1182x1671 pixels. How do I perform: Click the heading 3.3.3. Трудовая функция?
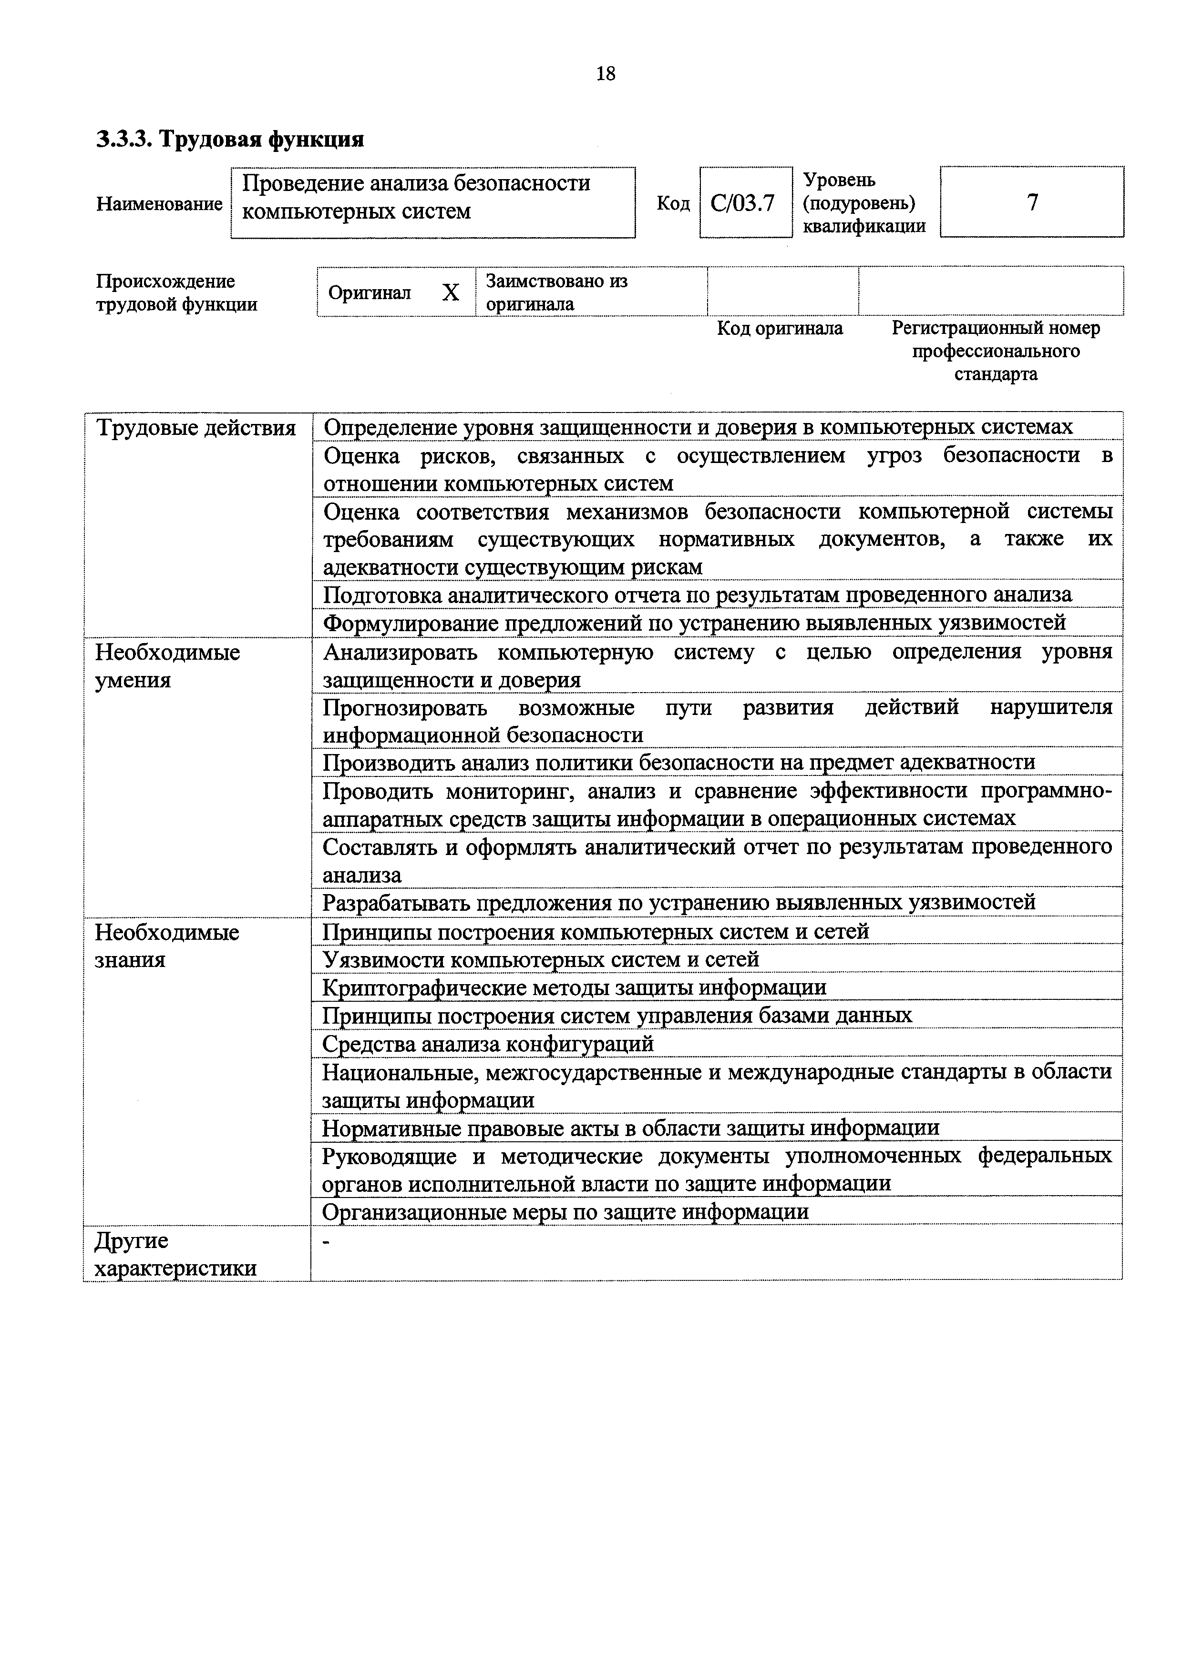click(230, 138)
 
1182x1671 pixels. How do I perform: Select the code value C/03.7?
click(743, 203)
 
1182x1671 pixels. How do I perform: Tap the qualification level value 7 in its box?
click(1032, 202)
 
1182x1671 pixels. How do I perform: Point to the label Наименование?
click(159, 204)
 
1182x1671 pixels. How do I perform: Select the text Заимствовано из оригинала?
click(556, 292)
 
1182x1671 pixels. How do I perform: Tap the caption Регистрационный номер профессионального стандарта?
click(996, 351)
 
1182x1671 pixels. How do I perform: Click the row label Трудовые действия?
click(196, 428)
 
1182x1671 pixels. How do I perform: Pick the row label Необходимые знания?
click(167, 946)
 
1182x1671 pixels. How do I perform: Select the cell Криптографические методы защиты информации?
click(574, 987)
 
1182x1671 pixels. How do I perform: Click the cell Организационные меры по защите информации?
click(565, 1212)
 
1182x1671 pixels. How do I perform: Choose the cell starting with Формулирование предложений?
click(694, 623)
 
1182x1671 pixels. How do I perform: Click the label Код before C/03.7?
click(673, 204)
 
